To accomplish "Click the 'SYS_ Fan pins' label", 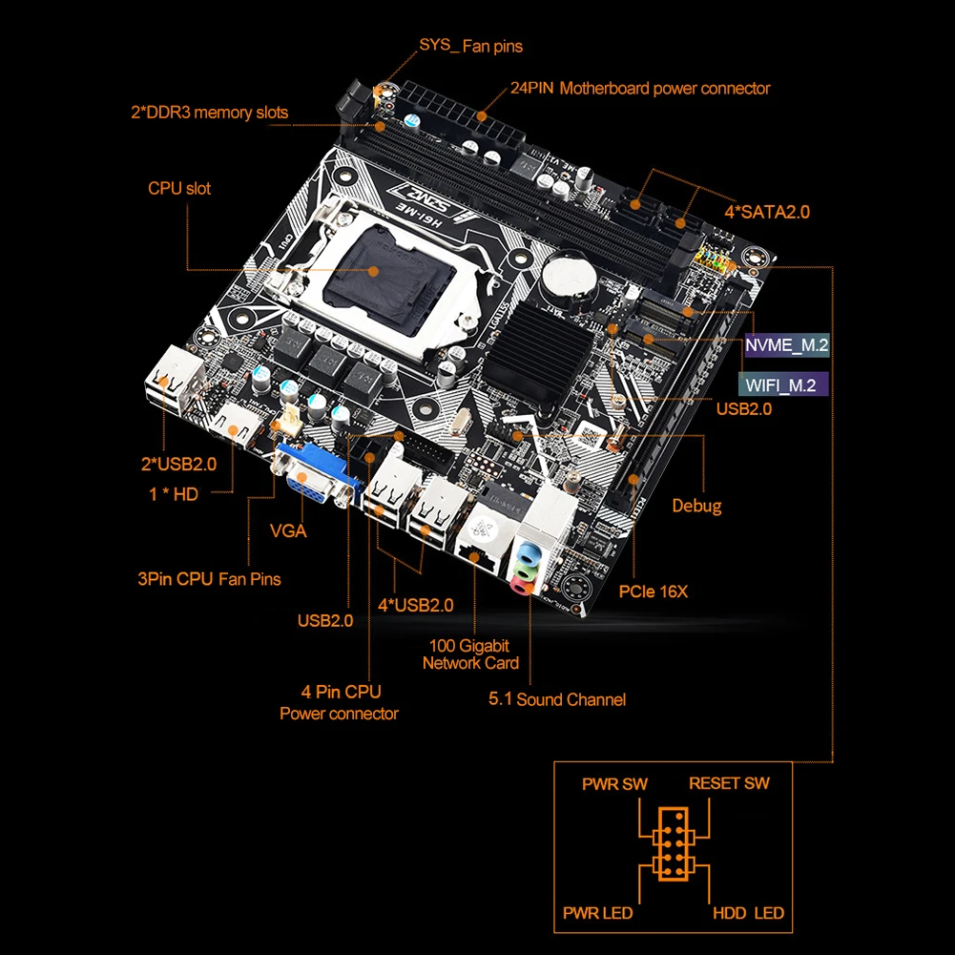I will (x=470, y=46).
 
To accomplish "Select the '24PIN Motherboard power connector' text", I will (x=639, y=89).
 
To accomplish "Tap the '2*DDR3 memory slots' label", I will (x=209, y=113).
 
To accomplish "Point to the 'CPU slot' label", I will (x=179, y=188).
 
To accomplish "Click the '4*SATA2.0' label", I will (x=766, y=212).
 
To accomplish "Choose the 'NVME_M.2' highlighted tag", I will (x=786, y=345).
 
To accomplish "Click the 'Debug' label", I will (x=696, y=506).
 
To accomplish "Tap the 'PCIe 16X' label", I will (x=653, y=592).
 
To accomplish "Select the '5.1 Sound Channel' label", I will (x=557, y=699).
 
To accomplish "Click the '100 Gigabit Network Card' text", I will (x=470, y=654).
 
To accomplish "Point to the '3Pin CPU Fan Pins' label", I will (x=209, y=578).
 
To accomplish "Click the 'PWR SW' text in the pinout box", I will (x=614, y=784).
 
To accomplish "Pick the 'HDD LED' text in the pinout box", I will (x=748, y=913).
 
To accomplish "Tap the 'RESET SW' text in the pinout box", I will (x=729, y=783).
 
